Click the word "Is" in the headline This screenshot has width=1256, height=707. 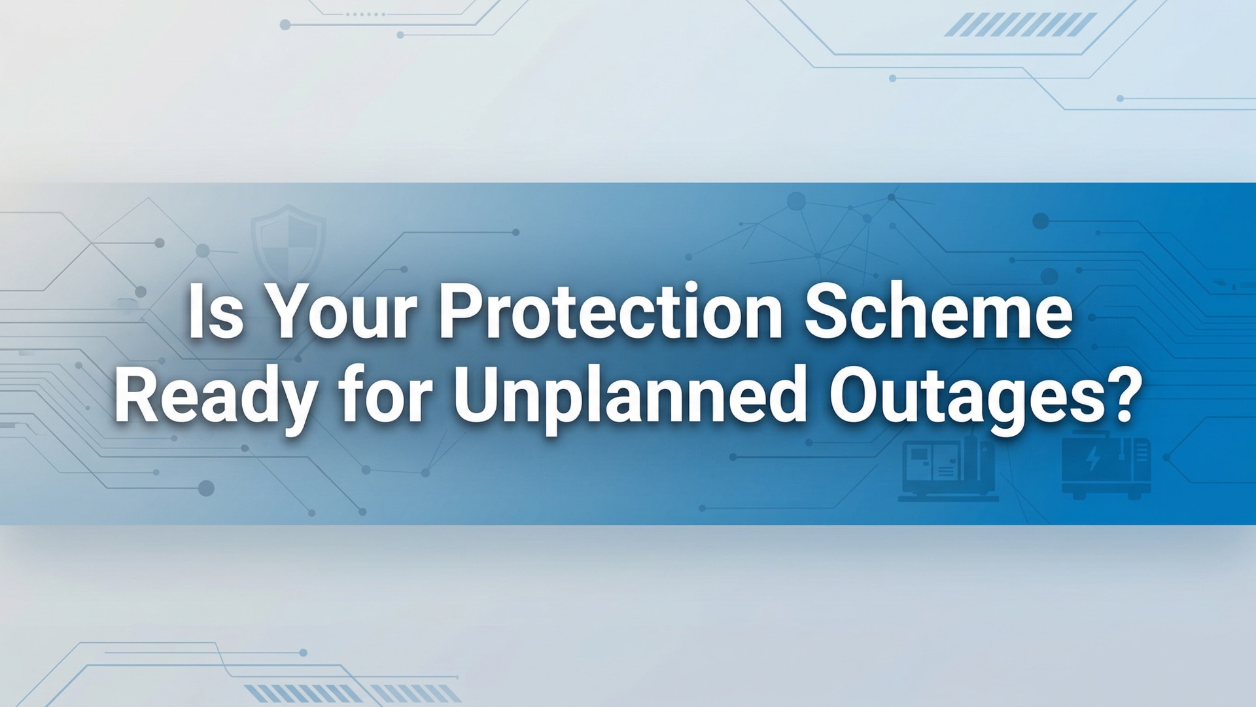pyautogui.click(x=215, y=313)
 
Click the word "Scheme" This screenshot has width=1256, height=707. pyautogui.click(x=938, y=313)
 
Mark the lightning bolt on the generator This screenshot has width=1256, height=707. pyautogui.click(x=1093, y=460)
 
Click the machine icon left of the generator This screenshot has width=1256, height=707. pyautogui.click(x=948, y=468)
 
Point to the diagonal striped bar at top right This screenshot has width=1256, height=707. pyautogui.click(x=1020, y=25)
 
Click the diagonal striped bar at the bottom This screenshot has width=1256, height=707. pyautogui.click(x=353, y=693)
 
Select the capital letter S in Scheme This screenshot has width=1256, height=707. pyautogui.click(x=826, y=313)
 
